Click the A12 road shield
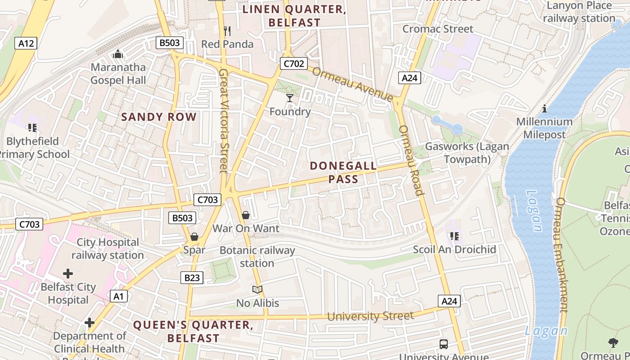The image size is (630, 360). pos(26,43)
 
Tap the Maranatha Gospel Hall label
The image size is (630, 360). pos(118,74)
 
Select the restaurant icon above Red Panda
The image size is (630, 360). pos(227,31)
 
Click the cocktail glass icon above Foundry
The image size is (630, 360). pos(290,98)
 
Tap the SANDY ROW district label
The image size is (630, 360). pos(159,117)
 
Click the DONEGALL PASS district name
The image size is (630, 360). pos(343,172)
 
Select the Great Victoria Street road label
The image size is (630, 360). pos(224,121)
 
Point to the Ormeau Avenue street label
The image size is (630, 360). pos(352,84)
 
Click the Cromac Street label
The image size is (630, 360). pos(438,29)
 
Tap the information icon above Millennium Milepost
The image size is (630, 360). pos(544,108)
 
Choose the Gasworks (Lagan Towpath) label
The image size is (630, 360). pos(467,153)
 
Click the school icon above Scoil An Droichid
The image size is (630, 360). pos(454,236)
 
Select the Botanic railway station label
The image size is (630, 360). pos(257,256)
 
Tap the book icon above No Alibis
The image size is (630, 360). pos(257,289)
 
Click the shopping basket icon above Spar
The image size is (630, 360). pos(194,236)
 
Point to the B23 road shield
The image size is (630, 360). pos(192,278)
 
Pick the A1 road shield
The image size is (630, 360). pos(118,296)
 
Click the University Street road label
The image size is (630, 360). pos(370,316)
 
